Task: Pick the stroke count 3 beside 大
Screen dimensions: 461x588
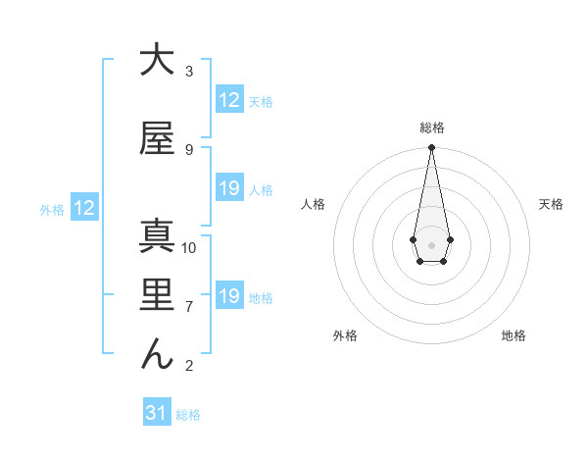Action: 188,72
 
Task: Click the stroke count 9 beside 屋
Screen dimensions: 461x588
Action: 188,150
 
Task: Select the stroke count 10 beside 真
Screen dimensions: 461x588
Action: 190,248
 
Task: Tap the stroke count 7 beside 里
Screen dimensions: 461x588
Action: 188,307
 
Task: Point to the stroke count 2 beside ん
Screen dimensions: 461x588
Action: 188,367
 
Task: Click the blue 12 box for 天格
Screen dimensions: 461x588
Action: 229,100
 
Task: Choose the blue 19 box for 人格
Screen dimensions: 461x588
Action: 229,188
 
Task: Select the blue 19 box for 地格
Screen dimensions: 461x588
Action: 229,296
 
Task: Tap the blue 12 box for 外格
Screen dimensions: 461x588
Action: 84,208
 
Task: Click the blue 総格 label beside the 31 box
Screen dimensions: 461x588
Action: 188,415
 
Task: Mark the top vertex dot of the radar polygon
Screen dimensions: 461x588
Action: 431,147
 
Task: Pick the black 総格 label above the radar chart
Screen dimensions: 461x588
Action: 431,128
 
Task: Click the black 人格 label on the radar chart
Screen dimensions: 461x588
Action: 314,204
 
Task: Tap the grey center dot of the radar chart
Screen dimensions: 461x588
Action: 431,243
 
